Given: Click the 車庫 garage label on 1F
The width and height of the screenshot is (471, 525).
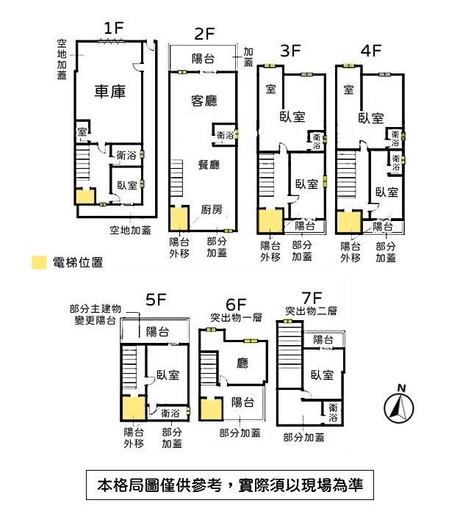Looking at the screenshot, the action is [110, 91].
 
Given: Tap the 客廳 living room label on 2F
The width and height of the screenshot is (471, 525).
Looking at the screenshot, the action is [204, 101].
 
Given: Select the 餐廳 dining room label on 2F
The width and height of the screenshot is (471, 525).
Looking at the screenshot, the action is [209, 164].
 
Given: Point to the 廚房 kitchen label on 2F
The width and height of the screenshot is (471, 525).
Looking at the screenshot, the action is [212, 209].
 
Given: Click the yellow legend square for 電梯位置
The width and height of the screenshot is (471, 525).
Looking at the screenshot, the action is [39, 263].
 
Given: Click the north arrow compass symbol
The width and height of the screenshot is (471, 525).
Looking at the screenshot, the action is [399, 405].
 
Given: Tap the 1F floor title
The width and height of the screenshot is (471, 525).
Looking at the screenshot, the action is [114, 28].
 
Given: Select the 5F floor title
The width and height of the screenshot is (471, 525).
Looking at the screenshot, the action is [156, 300].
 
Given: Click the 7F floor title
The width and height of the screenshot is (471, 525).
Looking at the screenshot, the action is [312, 297].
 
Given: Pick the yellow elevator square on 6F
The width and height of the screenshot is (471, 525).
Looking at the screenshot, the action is [211, 409].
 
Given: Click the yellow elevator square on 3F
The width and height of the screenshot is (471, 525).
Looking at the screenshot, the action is [270, 221].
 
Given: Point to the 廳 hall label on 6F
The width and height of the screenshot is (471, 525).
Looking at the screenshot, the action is [242, 363].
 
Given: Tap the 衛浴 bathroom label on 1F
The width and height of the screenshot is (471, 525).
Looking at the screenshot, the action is [126, 155].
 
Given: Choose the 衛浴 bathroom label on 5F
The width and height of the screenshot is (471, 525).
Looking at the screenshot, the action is [170, 413].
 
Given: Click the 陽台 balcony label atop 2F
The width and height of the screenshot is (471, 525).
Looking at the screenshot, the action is [203, 59].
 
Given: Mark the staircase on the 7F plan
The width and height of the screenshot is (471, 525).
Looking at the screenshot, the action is [290, 355].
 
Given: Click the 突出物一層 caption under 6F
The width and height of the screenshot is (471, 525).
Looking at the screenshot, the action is [236, 317].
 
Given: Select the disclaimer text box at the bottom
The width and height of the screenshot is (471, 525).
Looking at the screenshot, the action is [230, 485].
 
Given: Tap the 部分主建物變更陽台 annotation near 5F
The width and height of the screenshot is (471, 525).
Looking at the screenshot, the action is [96, 314].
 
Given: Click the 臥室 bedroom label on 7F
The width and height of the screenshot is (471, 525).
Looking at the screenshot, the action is [322, 374].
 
